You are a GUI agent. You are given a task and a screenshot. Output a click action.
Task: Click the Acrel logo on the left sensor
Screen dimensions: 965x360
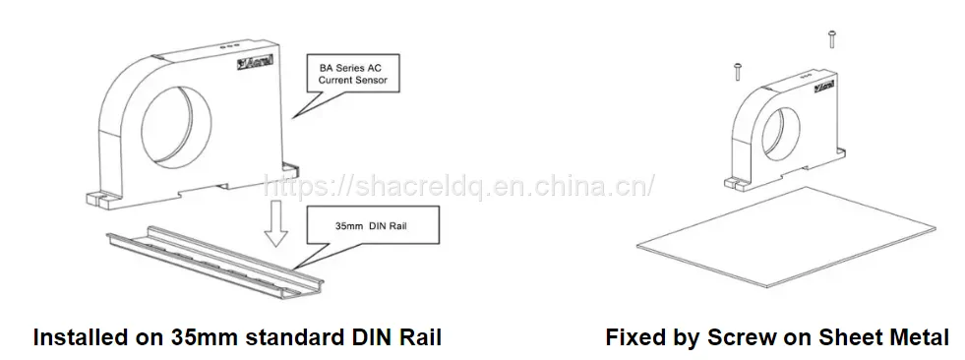pos(258,63)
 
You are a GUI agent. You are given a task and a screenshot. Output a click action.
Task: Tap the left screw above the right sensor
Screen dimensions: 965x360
pos(737,71)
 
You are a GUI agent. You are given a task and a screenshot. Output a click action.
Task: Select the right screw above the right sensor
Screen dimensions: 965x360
pos(831,38)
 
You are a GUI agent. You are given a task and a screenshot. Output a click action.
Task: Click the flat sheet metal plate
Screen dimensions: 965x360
pos(786,237)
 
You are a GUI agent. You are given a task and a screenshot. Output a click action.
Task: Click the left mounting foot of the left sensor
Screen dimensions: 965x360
pos(98,200)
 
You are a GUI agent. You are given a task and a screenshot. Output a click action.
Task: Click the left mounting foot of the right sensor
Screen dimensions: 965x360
pos(733,183)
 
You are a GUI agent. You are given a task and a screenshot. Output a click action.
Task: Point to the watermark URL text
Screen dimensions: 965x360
pos(458,186)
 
